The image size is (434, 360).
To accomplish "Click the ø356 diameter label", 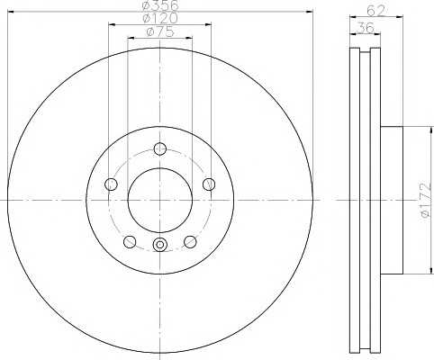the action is pyautogui.click(x=160, y=5).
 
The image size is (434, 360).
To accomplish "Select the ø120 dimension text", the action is pyautogui.click(x=160, y=18).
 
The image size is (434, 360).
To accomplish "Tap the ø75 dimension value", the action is pyautogui.click(x=160, y=31).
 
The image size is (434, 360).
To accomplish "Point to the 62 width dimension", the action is pyautogui.click(x=375, y=11).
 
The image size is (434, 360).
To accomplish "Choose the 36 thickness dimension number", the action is pyautogui.click(x=366, y=28).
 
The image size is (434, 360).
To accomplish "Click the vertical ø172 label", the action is pyautogui.click(x=426, y=200).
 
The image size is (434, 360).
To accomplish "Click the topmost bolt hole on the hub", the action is pyautogui.click(x=160, y=148).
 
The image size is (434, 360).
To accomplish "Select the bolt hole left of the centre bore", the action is pyautogui.click(x=111, y=184).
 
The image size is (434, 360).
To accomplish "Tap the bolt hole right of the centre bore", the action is pyautogui.click(x=209, y=184).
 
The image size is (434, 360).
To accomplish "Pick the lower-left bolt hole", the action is pyautogui.click(x=130, y=242).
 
